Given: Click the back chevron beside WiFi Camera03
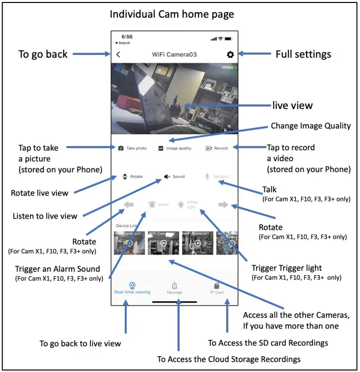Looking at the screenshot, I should [118, 55].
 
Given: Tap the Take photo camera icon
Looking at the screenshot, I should [121, 148].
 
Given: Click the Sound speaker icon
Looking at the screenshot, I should [167, 176].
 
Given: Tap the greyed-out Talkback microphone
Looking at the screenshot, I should [208, 176].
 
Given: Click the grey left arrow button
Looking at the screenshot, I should [129, 205].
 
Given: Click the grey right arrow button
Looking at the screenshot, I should [223, 205].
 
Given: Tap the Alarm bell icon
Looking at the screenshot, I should [152, 204].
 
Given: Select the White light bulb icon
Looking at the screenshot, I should [181, 204].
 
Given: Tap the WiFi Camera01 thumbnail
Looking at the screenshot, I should [196, 242].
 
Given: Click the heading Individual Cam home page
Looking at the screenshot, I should [172, 14].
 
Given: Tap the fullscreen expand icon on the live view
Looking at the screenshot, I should [227, 128].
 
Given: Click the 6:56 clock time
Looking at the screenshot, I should [127, 37].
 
